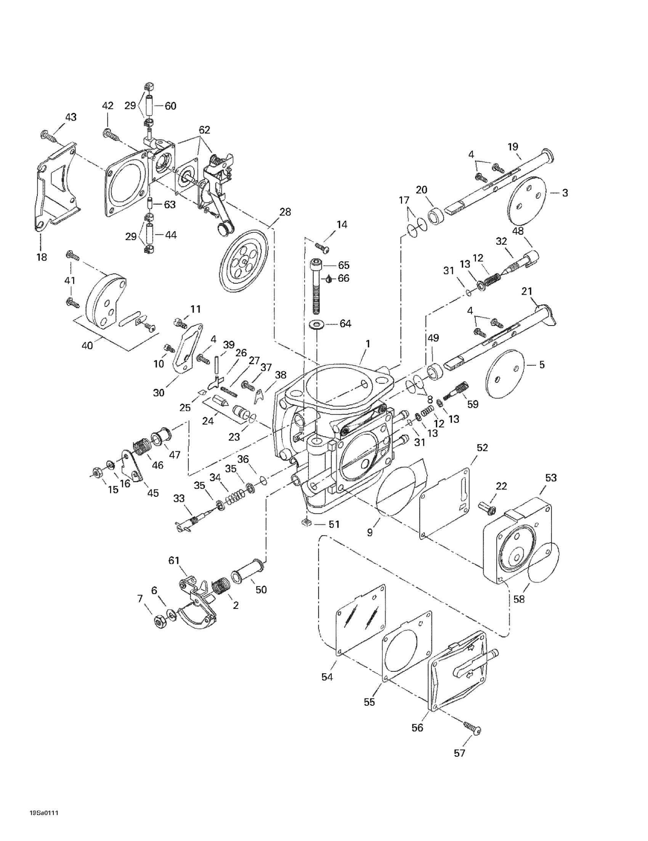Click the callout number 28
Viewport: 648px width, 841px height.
point(285,212)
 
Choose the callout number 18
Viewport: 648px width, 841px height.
point(41,257)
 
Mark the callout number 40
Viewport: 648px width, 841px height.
point(87,345)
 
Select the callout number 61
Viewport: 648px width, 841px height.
point(174,560)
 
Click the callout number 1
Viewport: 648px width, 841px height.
point(368,344)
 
